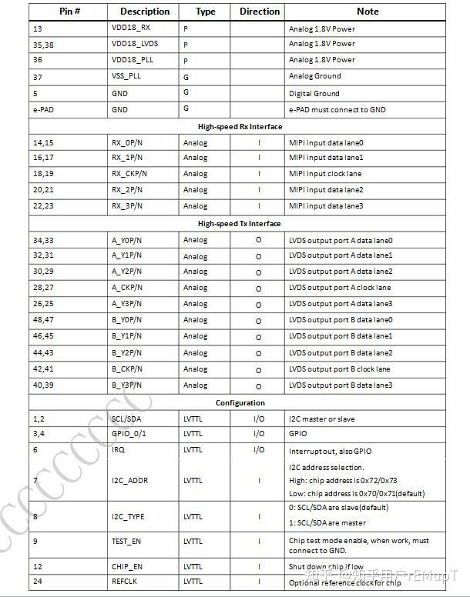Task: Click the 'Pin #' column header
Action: click(69, 12)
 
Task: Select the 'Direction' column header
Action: click(259, 12)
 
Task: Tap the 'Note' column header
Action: click(367, 12)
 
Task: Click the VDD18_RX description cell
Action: click(131, 28)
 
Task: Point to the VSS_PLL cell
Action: click(127, 76)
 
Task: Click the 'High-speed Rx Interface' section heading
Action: click(240, 126)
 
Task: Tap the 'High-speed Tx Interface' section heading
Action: click(240, 223)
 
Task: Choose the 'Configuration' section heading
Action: click(240, 402)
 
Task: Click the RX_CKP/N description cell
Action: click(129, 173)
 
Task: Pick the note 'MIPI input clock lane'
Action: click(325, 173)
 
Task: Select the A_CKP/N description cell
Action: click(127, 288)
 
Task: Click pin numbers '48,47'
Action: click(43, 319)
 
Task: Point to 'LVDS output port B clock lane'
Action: click(340, 369)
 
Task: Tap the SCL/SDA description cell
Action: click(126, 419)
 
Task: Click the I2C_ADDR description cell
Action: click(129, 481)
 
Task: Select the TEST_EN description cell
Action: click(126, 542)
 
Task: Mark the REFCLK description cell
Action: click(124, 582)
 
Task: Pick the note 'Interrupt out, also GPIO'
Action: click(330, 451)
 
